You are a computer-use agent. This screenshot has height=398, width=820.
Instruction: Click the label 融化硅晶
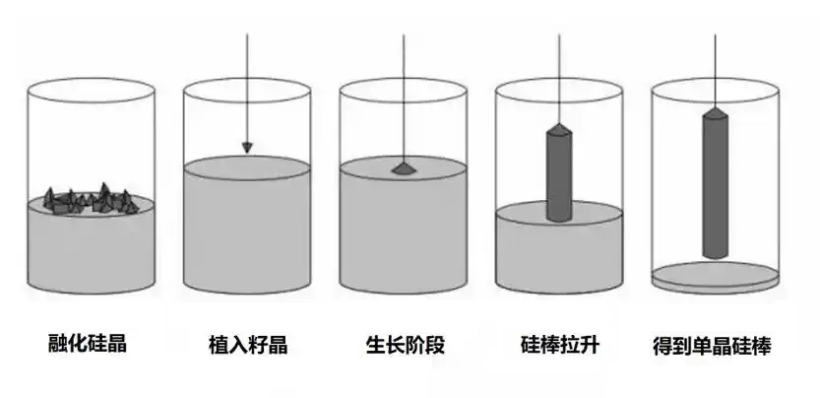coord(88,343)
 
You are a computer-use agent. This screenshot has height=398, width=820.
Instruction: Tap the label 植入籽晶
coord(247,345)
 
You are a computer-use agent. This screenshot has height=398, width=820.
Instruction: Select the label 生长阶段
coord(405,345)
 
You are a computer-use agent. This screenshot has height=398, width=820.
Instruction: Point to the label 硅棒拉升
coord(559,345)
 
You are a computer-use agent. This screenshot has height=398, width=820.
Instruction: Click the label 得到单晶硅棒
coord(712,346)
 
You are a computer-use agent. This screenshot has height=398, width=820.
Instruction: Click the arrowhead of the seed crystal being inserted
coord(247,148)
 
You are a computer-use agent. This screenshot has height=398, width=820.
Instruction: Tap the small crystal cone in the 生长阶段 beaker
coord(404,168)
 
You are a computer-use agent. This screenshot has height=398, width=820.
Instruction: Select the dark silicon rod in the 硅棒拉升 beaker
coord(559,172)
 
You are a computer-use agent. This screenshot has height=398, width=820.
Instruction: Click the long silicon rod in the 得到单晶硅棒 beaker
coord(715,183)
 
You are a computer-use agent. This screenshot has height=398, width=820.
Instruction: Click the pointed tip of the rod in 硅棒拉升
coord(559,125)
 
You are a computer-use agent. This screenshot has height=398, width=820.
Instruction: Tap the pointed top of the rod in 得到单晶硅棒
coord(715,108)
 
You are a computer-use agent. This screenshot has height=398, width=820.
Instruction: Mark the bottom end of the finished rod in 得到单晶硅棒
coord(716,258)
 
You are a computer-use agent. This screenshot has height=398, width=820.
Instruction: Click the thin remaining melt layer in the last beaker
coord(715,278)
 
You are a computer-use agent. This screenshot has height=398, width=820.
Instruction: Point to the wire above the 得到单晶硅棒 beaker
coord(715,71)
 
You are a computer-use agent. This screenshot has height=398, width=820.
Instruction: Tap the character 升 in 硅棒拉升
coord(590,345)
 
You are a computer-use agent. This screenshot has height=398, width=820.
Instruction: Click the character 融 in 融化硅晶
coord(58,343)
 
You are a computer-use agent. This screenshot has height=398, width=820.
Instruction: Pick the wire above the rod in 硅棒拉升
coord(559,79)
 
